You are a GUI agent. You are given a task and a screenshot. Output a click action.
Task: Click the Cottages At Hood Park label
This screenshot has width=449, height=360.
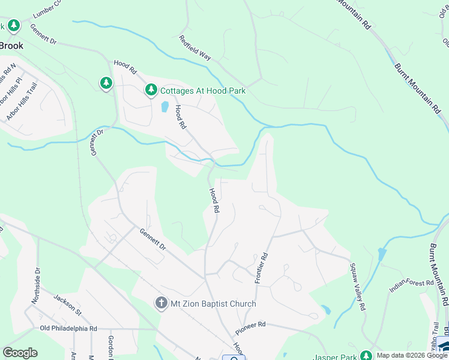point(203,91)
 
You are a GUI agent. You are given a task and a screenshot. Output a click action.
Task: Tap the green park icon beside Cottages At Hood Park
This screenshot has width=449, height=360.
point(151,91)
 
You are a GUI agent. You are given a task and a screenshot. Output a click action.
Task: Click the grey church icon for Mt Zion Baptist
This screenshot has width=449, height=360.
point(161,304)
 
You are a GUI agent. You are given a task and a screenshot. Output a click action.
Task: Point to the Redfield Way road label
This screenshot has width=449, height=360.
point(195,47)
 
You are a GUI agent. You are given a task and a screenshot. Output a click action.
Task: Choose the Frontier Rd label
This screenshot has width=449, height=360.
point(259,268)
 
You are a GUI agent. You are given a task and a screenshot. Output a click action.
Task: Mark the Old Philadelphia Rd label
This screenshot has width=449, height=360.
point(68,329)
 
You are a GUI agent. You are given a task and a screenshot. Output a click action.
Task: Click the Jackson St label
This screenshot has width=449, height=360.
point(67,305)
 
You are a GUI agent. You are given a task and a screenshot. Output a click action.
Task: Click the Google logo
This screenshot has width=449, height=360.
point(19,353)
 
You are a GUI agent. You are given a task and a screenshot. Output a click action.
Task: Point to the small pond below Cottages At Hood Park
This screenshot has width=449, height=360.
point(164,107)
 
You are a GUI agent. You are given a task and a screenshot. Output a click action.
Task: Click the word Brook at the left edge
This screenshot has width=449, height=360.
point(11,46)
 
